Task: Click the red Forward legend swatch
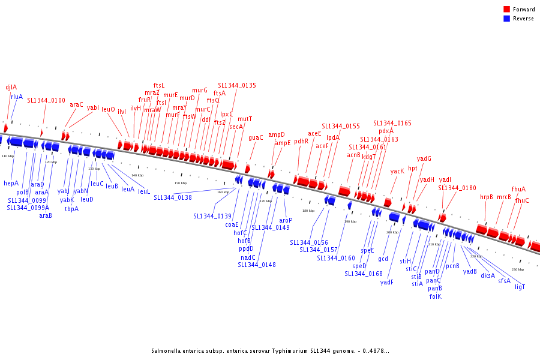tap(507, 10)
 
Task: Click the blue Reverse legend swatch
tap(507, 19)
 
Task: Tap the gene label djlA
tap(11, 87)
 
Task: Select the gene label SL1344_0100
tap(46, 100)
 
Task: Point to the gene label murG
tap(200, 90)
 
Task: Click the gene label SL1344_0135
tap(237, 85)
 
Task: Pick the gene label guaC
tap(256, 137)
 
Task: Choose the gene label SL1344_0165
tap(392, 123)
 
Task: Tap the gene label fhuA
tap(518, 189)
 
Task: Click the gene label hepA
tap(11, 183)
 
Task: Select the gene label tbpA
tap(71, 209)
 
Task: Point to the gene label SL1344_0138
tap(173, 197)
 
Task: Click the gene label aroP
tap(286, 220)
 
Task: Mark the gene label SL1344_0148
tap(257, 265)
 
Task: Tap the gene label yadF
tap(387, 282)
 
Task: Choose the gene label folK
tap(435, 296)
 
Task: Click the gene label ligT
tap(520, 287)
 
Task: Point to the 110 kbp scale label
tap(8, 156)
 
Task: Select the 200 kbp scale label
tap(392, 232)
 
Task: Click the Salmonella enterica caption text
tap(270, 351)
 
